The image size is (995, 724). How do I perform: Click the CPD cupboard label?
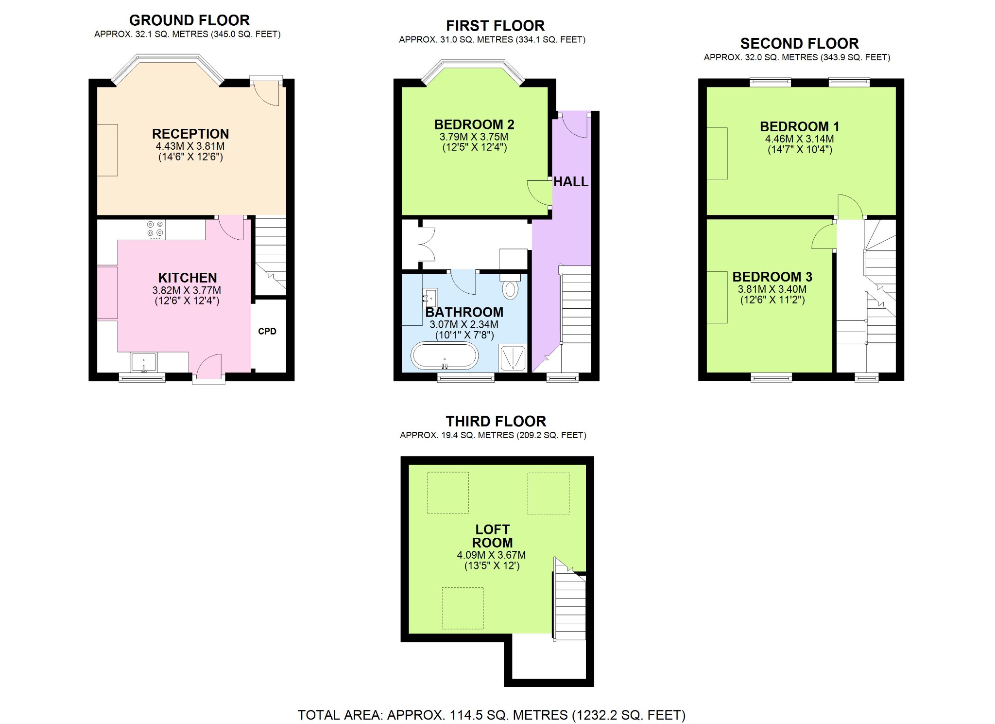pyautogui.click(x=267, y=331)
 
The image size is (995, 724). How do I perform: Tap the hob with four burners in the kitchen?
pyautogui.click(x=155, y=230)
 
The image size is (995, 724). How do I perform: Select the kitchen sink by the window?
pyautogui.click(x=144, y=363)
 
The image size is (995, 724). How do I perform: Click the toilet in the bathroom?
pyautogui.click(x=510, y=288)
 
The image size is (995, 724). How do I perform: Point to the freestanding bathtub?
pyautogui.click(x=445, y=356)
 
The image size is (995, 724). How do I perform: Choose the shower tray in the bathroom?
pyautogui.click(x=513, y=358)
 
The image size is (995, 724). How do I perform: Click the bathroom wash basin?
pyautogui.click(x=429, y=296)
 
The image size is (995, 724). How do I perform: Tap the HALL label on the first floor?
pyautogui.click(x=570, y=182)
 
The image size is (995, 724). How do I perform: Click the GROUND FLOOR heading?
pyautogui.click(x=189, y=20)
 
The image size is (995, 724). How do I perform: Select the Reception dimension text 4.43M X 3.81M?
pyautogui.click(x=190, y=146)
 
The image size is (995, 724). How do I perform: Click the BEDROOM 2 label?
pyautogui.click(x=474, y=125)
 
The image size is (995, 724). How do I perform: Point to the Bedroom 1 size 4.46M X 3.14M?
pyautogui.click(x=799, y=139)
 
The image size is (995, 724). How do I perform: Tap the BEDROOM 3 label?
pyautogui.click(x=772, y=277)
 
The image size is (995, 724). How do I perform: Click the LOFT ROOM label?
pyautogui.click(x=492, y=536)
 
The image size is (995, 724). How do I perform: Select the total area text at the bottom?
pyautogui.click(x=491, y=715)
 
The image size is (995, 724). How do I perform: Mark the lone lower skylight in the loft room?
pyautogui.click(x=463, y=608)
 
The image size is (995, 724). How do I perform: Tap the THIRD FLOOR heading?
pyautogui.click(x=496, y=421)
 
